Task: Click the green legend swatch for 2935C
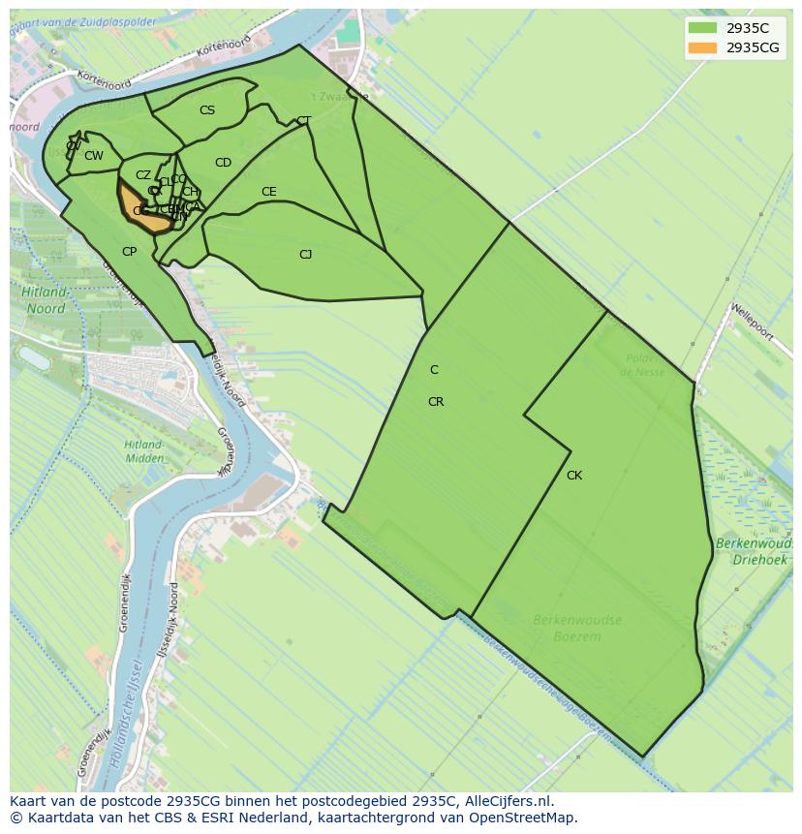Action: coord(702,28)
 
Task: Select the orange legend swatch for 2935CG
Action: coord(702,47)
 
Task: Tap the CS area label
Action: coord(207,110)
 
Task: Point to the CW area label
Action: coord(94,156)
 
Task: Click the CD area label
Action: coord(223,163)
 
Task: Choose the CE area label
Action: coord(269,192)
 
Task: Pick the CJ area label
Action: coord(305,255)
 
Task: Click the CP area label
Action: coord(129,252)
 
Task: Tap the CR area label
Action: coord(436,402)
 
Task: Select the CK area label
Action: coord(574,476)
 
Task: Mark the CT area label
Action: coord(304,121)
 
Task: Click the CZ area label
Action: coord(143,176)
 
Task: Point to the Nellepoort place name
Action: coord(753,323)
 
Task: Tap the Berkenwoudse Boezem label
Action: coord(576,628)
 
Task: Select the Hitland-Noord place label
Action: coord(46,300)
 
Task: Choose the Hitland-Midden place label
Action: coord(142,450)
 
